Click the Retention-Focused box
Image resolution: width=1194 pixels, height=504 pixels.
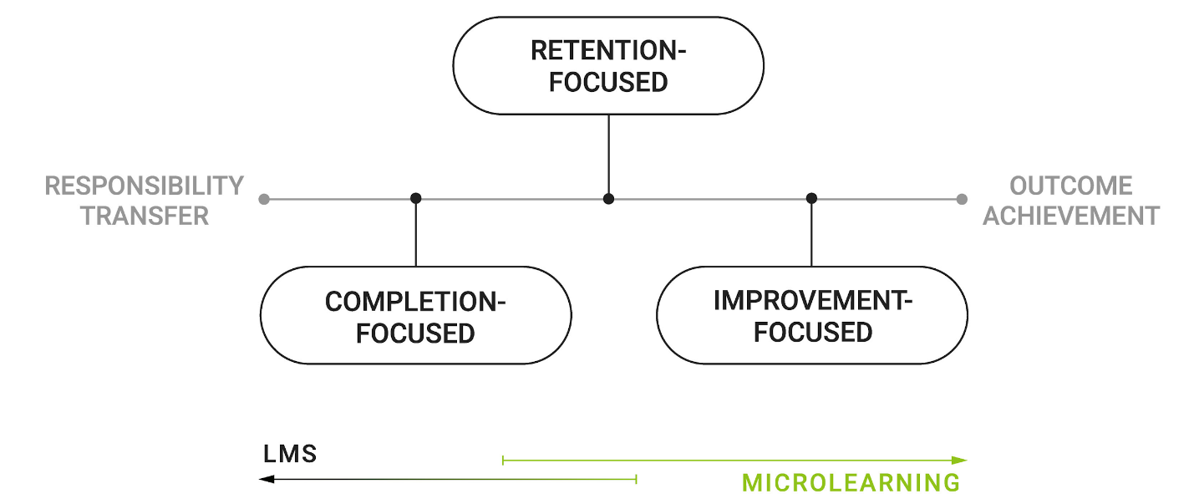coord(607,66)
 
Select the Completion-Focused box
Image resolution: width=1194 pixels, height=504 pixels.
coord(415,316)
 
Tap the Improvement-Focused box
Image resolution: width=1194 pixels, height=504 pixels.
coord(811,316)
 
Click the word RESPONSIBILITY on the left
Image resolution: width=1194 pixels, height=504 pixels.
coord(145,186)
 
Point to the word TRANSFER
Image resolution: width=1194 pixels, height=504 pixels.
coord(145,216)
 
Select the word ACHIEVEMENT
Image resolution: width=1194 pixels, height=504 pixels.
coord(1070,216)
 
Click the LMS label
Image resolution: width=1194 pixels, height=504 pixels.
coord(290,455)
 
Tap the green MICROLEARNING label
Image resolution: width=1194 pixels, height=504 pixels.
coord(851,482)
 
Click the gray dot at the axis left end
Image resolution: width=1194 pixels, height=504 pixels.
coord(264,199)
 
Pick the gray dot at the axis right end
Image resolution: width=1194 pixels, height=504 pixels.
coord(962,199)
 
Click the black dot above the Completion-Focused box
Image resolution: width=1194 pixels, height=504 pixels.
coord(415,199)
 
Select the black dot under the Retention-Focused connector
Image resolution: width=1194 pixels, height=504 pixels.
coord(608,199)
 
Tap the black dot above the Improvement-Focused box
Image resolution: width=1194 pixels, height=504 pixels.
coord(811,199)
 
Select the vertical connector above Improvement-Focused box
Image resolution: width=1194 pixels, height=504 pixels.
coord(811,234)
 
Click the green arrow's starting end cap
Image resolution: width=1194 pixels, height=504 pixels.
coord(502,460)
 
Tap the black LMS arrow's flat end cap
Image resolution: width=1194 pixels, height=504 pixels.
coord(637,479)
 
